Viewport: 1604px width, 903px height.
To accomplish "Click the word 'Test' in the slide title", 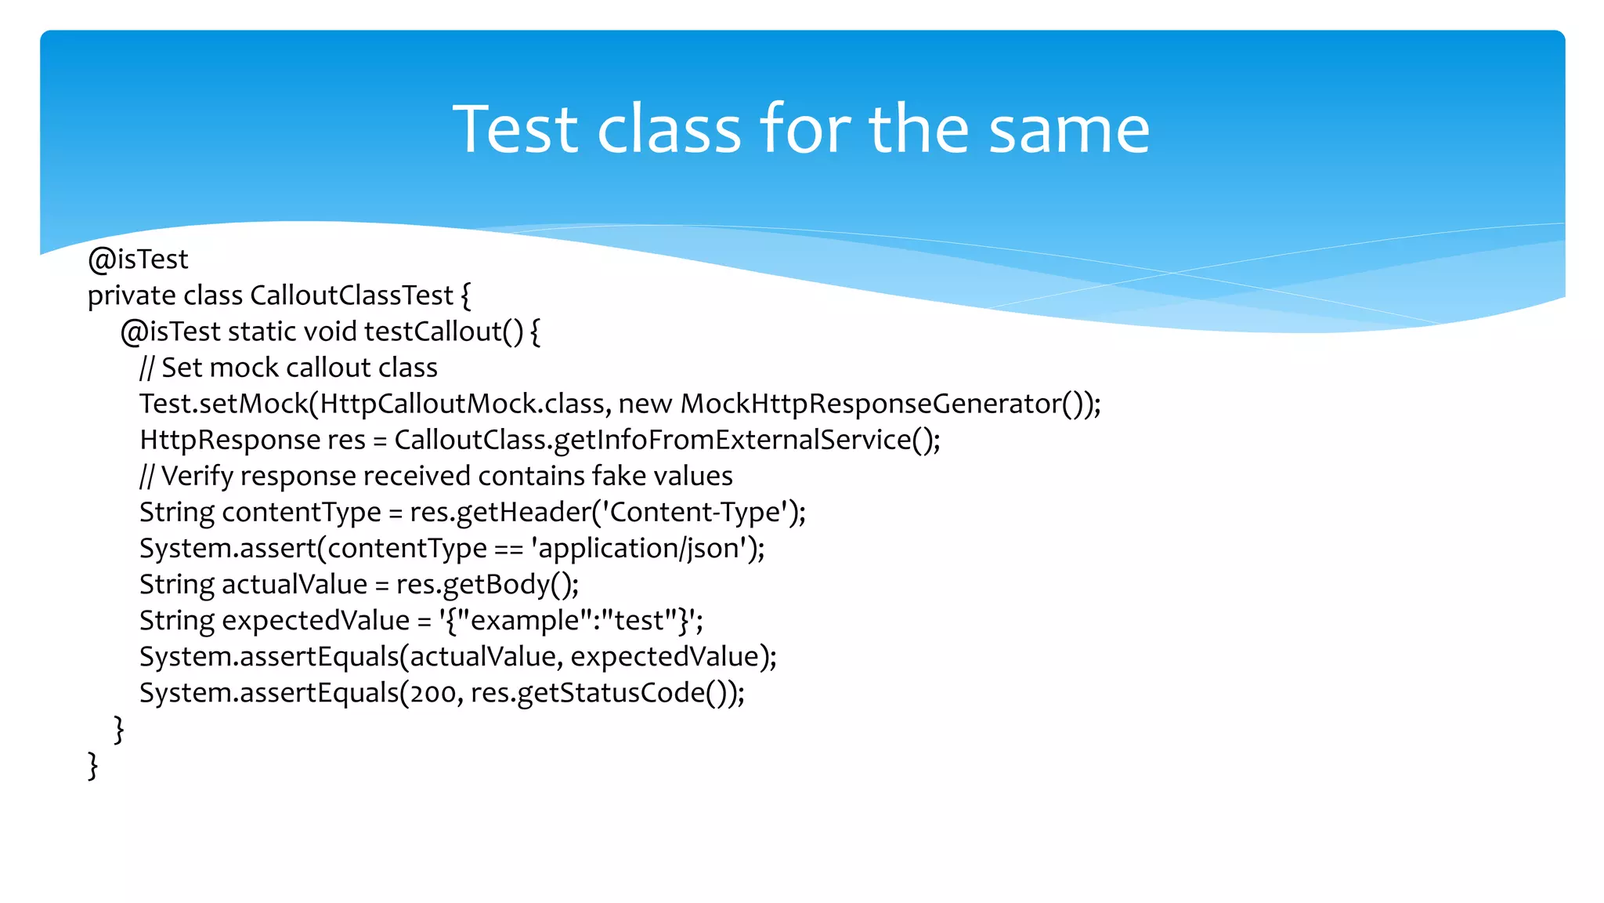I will click(519, 129).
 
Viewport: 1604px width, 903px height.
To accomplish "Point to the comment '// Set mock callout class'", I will click(288, 368).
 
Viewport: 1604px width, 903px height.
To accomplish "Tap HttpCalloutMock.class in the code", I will click(462, 404).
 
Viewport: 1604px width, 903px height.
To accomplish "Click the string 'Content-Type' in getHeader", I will click(695, 512).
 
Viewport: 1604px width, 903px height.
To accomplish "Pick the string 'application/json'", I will click(639, 548).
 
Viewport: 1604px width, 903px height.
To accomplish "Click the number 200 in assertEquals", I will click(434, 693).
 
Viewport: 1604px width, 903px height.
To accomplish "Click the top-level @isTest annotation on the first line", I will click(138, 259).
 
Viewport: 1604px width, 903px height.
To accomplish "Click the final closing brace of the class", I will click(92, 765).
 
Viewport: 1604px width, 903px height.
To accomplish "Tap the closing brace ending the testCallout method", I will click(118, 729).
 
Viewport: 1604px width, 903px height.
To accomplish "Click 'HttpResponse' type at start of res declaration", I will click(229, 440).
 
